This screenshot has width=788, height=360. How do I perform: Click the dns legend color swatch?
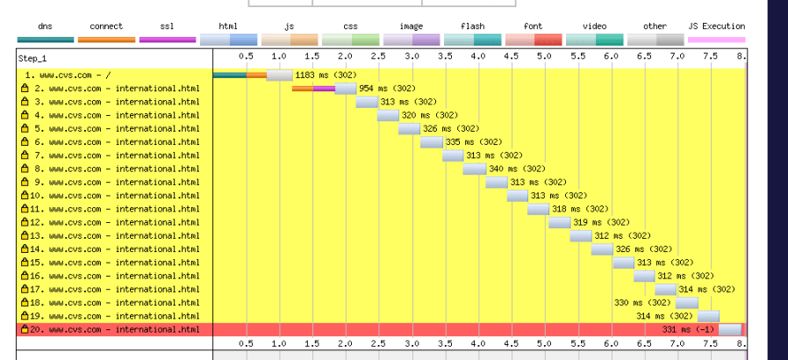pos(46,40)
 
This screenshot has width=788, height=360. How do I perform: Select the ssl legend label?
pos(168,26)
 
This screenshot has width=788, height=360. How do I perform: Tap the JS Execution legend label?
pos(716,26)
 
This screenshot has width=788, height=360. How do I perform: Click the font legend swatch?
pos(534,40)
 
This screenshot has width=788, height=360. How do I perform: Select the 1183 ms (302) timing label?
pos(324,76)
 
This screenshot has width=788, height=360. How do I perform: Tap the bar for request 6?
pos(432,142)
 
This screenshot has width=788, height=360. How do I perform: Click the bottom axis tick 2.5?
pos(378,344)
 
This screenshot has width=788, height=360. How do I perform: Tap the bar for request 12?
pos(560,222)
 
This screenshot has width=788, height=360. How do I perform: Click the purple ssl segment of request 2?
pos(324,89)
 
